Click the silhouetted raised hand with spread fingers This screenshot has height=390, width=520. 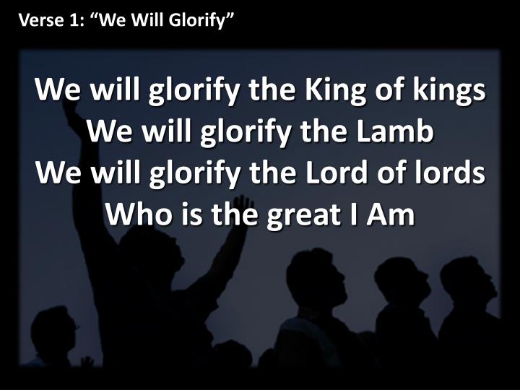(245, 206)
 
